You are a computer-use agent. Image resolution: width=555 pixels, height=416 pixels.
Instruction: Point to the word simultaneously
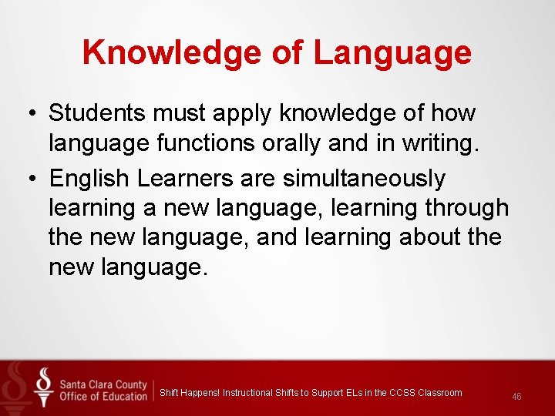(365, 179)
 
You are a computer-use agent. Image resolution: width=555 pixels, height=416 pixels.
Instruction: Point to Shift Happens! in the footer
(189, 393)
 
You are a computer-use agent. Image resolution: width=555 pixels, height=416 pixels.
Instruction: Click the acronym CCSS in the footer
(403, 393)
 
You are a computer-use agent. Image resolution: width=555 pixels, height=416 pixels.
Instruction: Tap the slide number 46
(516, 396)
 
